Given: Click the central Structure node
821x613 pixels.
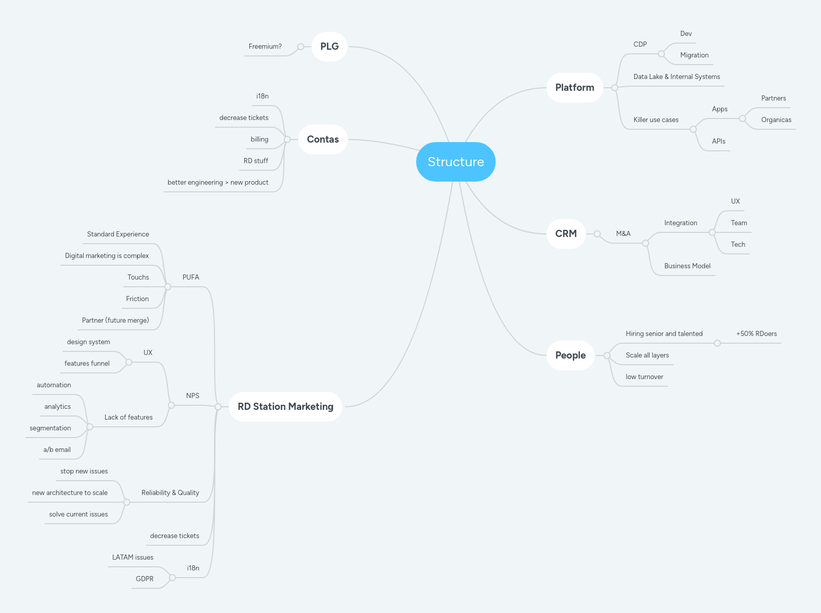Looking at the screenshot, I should click(456, 162).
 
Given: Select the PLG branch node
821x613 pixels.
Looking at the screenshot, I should click(329, 47).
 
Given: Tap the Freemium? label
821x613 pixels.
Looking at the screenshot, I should click(265, 47).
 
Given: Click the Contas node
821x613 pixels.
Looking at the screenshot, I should click(323, 140).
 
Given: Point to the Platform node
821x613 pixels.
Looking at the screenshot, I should click(574, 88).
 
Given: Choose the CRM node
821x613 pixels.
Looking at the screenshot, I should click(565, 234).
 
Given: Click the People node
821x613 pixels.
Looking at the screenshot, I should click(570, 355).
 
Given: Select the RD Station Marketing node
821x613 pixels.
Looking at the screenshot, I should click(285, 407).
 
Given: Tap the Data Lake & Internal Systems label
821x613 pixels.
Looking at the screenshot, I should click(676, 77).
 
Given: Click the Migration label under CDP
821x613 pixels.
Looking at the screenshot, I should click(694, 55).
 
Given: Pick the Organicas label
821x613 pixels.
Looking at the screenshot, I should click(776, 120).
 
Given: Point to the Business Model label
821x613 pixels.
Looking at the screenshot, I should click(687, 266).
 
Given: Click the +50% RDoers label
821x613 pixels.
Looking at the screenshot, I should click(756, 334).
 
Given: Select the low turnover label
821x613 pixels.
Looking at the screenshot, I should click(644, 377).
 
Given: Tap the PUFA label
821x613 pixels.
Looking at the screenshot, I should click(190, 278).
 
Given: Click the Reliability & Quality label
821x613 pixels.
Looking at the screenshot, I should click(170, 493).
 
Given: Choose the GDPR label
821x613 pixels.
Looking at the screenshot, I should click(144, 579).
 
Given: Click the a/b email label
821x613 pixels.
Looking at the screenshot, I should click(57, 450).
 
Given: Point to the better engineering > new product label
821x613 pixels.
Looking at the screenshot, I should click(218, 183).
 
